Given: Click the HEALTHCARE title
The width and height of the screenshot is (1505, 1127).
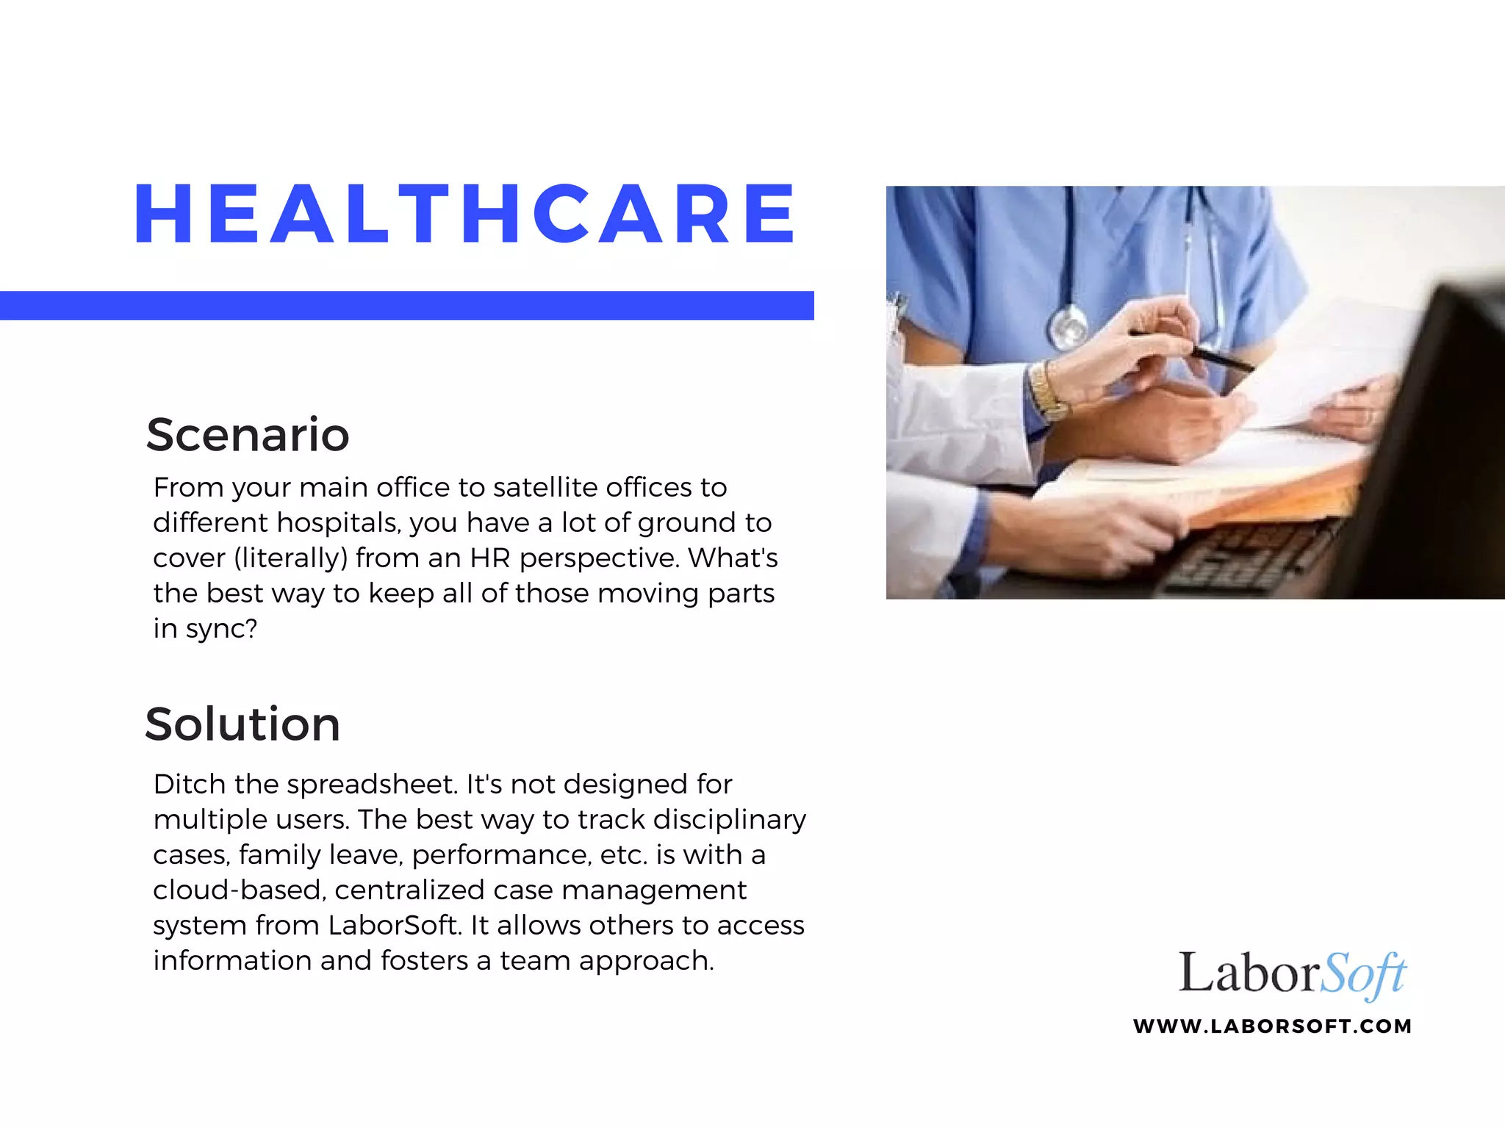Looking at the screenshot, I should (x=464, y=214).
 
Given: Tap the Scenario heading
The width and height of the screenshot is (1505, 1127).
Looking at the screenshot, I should (x=248, y=435).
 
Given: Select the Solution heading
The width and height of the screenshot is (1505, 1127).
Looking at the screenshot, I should (x=243, y=724).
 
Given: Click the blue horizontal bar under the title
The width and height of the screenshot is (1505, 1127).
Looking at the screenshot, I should (x=406, y=306).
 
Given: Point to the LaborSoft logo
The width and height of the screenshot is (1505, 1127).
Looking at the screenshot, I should (x=1291, y=974).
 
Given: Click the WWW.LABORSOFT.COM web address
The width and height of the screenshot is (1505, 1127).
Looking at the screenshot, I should (x=1272, y=1026).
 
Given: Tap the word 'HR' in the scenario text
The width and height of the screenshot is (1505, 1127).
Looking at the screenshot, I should (x=490, y=558).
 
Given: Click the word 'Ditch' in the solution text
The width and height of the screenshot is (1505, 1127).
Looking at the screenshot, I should (x=190, y=785).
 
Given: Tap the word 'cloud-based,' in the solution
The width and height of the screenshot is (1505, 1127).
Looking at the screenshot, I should (x=239, y=890).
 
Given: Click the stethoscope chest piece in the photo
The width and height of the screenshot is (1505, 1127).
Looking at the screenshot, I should (x=1068, y=325).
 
